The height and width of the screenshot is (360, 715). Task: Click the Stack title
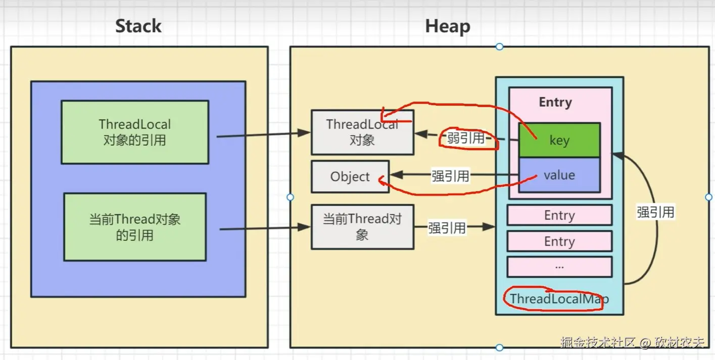pos(138,26)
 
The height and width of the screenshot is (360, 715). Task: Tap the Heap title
pos(448,26)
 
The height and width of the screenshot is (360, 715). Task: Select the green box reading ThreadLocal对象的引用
pos(135,132)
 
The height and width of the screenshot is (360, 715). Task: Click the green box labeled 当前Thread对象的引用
pos(135,227)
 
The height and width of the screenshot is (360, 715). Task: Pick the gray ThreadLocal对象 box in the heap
pos(362,132)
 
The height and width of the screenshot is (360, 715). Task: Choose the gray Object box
pos(350,176)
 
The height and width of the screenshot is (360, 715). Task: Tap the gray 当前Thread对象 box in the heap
pos(362,227)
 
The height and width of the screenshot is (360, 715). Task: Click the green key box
pos(559,140)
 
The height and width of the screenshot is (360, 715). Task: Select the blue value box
pos(559,175)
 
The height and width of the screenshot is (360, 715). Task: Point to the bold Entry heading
pos(555,102)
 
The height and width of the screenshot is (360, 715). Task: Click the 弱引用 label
pos(465,138)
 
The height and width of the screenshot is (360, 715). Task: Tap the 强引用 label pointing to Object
pos(450,176)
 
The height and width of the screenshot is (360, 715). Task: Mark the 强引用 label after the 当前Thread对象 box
pos(447,228)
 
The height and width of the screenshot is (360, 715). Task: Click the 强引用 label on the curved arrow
pos(655,212)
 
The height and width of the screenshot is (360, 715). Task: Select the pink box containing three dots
pos(559,266)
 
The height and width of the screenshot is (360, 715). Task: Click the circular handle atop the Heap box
pos(499,47)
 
